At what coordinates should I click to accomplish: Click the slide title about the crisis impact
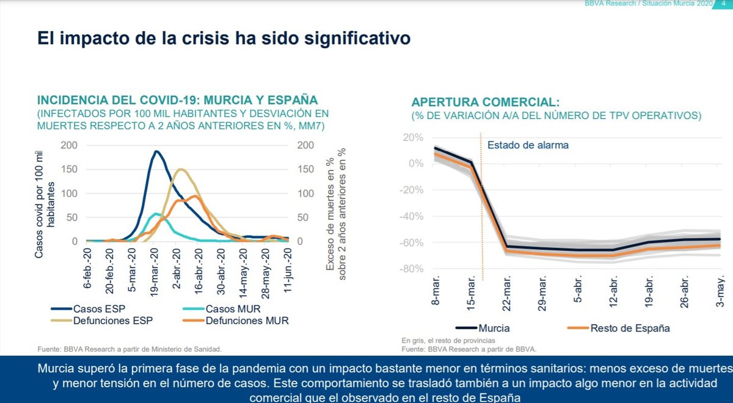click(x=224, y=38)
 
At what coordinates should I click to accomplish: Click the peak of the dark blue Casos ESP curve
click(x=156, y=151)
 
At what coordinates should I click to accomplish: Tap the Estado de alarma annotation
click(x=528, y=145)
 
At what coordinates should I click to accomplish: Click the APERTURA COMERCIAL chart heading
click(x=485, y=102)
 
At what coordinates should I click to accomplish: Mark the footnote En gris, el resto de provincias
click(x=448, y=340)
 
